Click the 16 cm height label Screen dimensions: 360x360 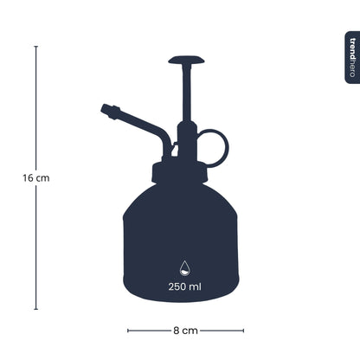coord(35,177)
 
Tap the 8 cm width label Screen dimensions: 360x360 coord(185,330)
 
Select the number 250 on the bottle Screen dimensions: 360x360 coord(180,286)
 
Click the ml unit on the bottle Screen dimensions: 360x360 coord(199,286)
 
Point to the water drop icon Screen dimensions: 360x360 coord(186,267)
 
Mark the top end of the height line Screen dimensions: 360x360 coord(35,47)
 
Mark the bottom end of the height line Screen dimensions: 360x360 coord(35,309)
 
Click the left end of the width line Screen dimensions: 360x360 coord(128,330)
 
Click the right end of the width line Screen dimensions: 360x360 coord(243,330)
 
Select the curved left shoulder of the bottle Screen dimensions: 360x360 coord(135,199)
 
